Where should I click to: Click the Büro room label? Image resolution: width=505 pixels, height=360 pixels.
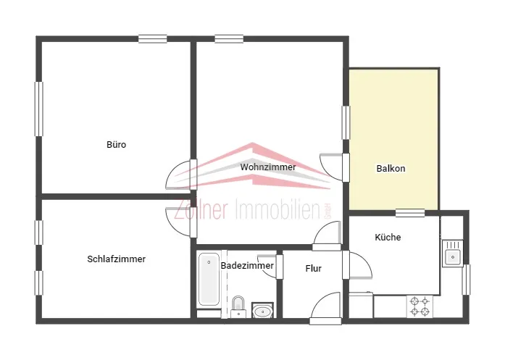[116, 145]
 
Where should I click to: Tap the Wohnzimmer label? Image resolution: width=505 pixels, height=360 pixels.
[268, 167]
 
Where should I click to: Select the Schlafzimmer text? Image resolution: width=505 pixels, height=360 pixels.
[116, 259]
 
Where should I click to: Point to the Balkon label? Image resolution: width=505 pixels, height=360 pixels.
[391, 168]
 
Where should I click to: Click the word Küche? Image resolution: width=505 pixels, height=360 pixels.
[388, 238]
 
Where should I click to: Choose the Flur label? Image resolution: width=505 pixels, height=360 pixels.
[314, 268]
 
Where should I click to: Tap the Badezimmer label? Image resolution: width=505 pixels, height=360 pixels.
[247, 266]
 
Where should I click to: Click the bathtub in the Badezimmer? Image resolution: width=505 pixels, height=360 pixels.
[209, 280]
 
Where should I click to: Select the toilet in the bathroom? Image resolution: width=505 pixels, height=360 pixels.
[238, 307]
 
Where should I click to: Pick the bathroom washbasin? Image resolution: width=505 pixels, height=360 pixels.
[262, 311]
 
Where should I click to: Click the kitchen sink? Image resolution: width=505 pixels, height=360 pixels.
[453, 254]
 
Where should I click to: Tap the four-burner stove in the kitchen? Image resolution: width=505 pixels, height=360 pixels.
[420, 306]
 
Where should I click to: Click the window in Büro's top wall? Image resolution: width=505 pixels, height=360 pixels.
[153, 39]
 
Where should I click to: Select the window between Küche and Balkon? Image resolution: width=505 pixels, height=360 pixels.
[410, 213]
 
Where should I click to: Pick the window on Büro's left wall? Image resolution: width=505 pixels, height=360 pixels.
[38, 109]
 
